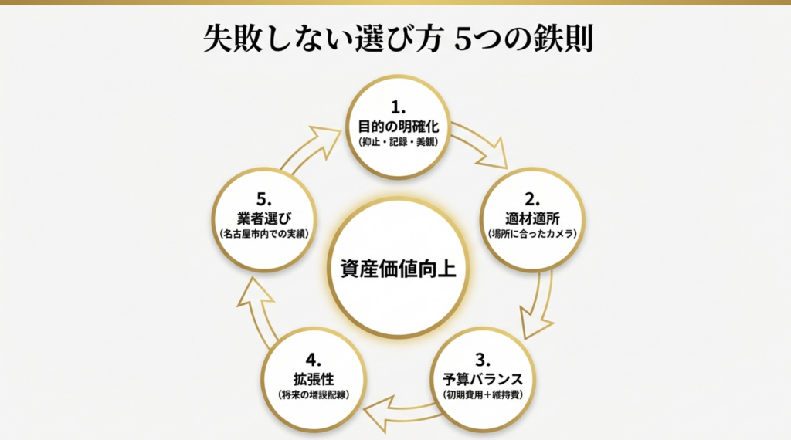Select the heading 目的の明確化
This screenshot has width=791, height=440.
399,126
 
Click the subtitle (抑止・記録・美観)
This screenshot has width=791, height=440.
399,143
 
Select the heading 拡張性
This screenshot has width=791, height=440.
313,379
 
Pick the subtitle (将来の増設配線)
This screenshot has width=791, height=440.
313,395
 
